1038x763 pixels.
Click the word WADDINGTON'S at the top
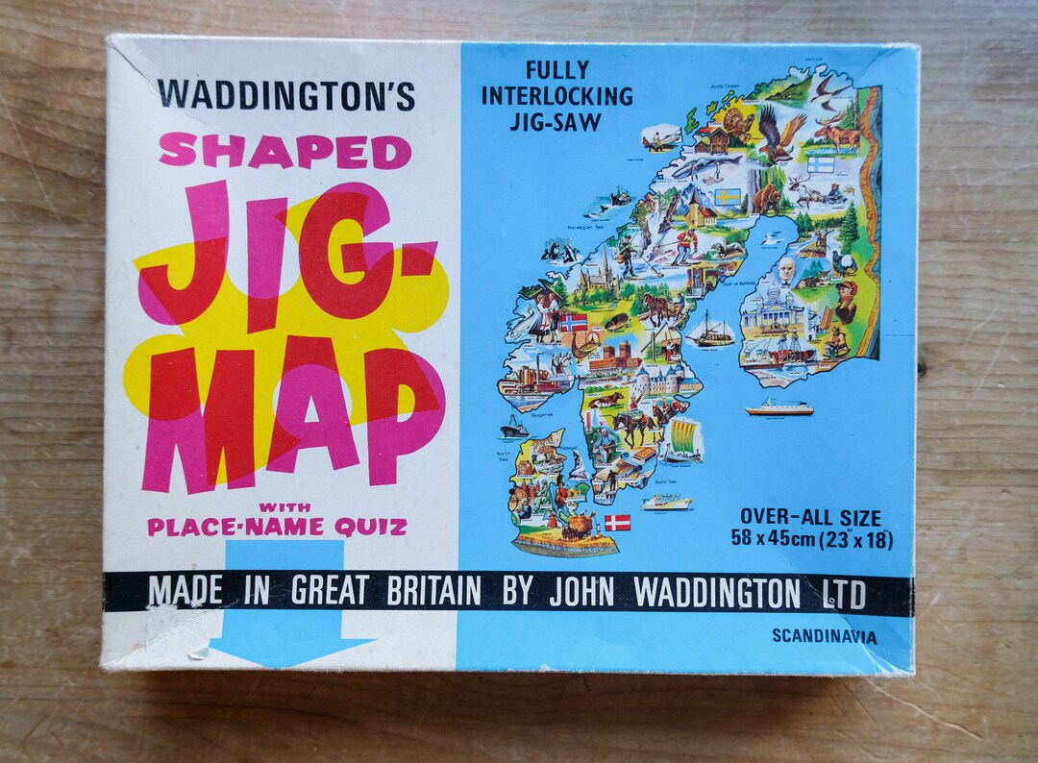coord(286,94)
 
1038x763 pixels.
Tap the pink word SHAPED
coord(284,151)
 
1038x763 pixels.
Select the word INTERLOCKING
coord(557,96)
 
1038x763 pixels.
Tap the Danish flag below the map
coord(617,523)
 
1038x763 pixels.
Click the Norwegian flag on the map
coord(574,322)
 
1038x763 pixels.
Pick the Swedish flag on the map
coord(729,198)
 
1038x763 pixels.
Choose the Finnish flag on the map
coord(820,163)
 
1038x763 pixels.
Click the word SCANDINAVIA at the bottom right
coord(823,635)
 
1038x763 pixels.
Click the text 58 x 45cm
coord(775,540)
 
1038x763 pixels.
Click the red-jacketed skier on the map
coord(685,245)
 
